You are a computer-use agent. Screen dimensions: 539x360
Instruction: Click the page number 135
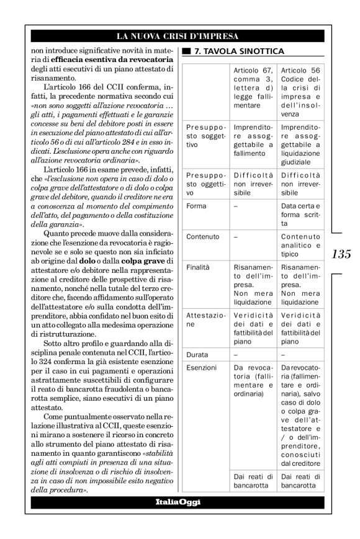click(341, 254)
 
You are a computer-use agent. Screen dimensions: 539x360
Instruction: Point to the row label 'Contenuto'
click(201, 236)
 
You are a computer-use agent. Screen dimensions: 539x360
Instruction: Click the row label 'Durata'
click(197, 355)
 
